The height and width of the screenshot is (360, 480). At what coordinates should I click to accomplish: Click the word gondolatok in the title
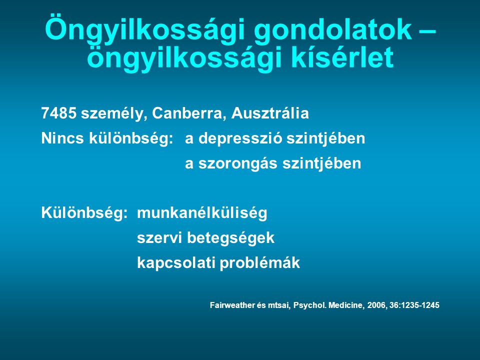(332, 31)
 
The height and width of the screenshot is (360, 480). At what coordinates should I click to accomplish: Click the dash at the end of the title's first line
(426, 31)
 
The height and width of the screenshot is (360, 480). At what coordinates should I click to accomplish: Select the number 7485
(59, 113)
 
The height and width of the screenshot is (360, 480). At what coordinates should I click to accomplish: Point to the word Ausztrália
(270, 113)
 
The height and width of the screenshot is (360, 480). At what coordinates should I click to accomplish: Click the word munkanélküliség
(202, 213)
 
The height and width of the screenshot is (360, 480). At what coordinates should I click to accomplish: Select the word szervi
(159, 238)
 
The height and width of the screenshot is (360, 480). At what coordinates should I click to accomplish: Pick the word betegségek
(231, 238)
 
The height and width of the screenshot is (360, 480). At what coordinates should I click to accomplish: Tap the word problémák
(260, 263)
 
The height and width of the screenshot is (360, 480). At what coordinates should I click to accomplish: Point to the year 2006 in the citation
(377, 305)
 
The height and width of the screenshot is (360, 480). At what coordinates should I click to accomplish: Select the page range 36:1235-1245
(414, 305)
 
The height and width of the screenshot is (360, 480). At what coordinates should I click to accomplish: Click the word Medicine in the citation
(346, 305)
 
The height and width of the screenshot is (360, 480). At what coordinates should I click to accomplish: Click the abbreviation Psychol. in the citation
(309, 305)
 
